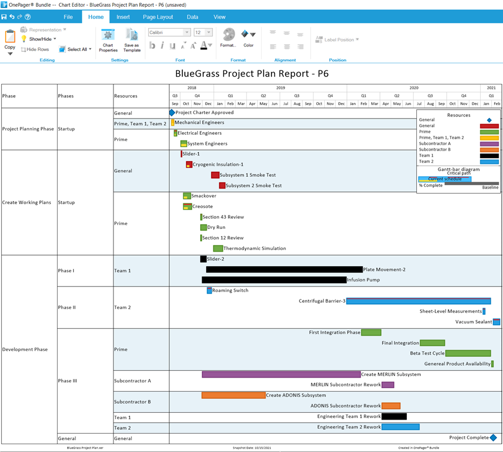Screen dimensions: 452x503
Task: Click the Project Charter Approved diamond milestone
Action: (172, 112)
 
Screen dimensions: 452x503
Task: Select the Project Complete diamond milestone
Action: (493, 438)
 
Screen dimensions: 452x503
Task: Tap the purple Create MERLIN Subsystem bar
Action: (281, 374)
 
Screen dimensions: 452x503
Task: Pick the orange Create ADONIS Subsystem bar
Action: (233, 395)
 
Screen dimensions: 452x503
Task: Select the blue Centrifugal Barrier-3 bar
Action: (418, 301)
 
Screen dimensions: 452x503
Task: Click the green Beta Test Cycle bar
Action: (468, 354)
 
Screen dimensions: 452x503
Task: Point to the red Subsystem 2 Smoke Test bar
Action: (222, 186)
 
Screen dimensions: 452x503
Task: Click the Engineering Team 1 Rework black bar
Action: (394, 416)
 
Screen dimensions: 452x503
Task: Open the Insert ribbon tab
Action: (123, 17)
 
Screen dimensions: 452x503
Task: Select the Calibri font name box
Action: (168, 32)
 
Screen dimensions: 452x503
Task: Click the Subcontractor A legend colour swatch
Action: (489, 144)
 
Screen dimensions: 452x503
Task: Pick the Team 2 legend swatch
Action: (489, 162)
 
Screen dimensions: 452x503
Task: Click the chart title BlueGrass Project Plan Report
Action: (251, 73)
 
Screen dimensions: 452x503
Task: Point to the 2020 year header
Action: (414, 88)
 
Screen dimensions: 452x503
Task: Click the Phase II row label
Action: (67, 307)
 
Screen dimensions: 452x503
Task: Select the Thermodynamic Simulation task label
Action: (254, 248)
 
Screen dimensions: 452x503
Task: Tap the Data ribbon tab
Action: (192, 17)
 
